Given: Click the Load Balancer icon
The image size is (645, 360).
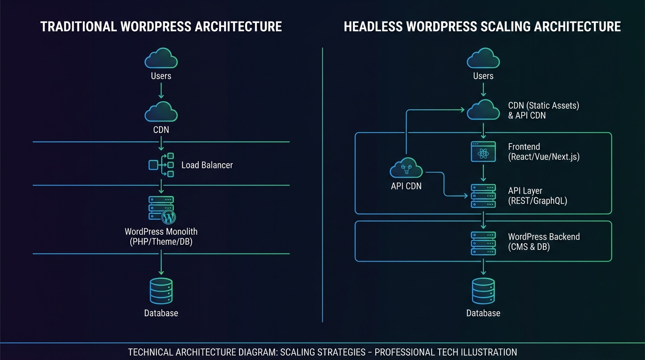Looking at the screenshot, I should point(161,165).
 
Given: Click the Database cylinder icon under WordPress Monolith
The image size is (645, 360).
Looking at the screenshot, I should point(161,291).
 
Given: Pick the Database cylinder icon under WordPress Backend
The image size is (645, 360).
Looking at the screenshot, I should point(483,291).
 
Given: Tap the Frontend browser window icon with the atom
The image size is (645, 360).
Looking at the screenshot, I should point(483,152).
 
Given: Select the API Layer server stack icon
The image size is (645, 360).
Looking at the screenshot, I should point(483,196).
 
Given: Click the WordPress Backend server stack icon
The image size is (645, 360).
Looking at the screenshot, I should point(483,243).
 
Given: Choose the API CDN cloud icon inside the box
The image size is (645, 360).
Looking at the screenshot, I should point(406,169).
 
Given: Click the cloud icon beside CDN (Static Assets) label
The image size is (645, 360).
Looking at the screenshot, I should point(483,111).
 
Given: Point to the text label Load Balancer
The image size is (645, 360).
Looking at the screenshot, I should point(207,165).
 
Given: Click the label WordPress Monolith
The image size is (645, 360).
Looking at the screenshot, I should point(161,232).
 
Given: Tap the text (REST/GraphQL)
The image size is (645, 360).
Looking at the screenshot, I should point(538,201).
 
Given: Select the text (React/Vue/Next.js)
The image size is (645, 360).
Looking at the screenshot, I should point(544,157).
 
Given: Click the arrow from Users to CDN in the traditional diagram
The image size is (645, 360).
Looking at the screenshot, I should point(161,90).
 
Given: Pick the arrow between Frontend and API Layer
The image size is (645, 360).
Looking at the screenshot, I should point(483,173).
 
